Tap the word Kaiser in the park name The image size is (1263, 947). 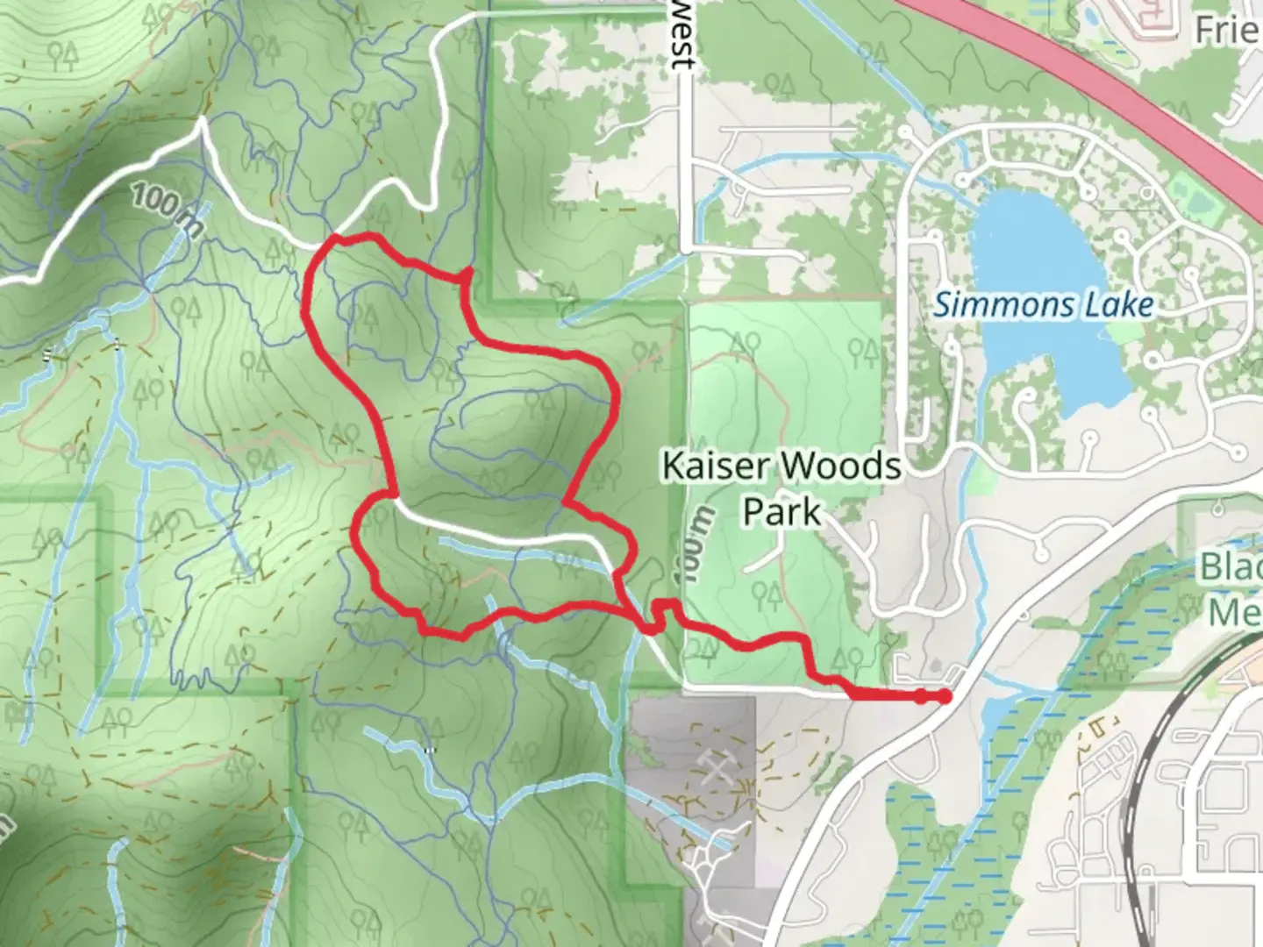(x=708, y=466)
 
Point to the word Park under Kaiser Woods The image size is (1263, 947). (x=781, y=510)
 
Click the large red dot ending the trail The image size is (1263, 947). (x=944, y=696)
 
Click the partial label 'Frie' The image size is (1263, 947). (x=1228, y=31)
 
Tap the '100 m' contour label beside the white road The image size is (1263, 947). (x=167, y=210)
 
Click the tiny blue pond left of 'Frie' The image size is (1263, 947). (x=1091, y=15)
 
